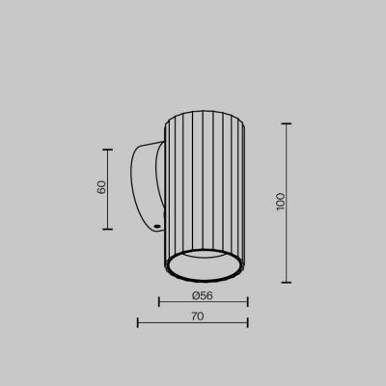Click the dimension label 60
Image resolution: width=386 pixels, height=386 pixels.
click(x=101, y=188)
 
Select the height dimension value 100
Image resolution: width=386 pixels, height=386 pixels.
click(x=280, y=202)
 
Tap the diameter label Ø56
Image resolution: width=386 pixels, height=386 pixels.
click(x=203, y=294)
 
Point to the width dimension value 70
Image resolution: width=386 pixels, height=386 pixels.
click(x=197, y=315)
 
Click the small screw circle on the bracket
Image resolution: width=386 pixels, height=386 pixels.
click(x=156, y=228)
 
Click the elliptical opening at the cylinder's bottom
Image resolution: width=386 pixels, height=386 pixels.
click(x=206, y=262)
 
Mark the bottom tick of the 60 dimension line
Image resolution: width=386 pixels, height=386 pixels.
click(x=107, y=229)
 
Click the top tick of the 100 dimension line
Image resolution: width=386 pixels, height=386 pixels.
click(x=287, y=124)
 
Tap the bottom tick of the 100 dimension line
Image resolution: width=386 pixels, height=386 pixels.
click(x=287, y=282)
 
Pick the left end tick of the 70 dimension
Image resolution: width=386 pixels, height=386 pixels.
click(x=138, y=322)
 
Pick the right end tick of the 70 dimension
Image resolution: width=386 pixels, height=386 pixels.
click(x=247, y=322)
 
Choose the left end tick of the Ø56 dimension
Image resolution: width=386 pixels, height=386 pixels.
click(x=160, y=302)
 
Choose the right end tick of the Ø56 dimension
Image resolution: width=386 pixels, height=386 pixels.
click(x=247, y=302)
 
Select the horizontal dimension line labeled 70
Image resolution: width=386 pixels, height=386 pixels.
click(x=174, y=322)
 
